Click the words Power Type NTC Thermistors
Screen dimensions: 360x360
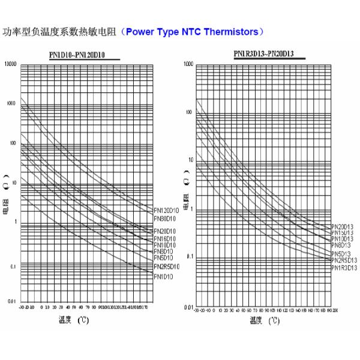193,31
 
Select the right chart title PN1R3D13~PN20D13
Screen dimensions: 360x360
263,54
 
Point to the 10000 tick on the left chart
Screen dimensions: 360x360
11,64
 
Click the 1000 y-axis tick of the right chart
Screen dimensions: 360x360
188,64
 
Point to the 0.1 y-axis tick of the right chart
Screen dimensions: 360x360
190,257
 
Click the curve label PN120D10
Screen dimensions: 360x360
166,211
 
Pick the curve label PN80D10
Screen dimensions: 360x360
165,219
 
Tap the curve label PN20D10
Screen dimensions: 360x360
165,231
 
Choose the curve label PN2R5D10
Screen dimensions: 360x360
166,266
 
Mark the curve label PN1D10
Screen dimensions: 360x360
164,277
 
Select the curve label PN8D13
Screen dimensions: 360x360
341,245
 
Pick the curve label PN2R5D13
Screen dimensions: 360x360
344,260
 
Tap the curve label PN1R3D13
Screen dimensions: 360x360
344,268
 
